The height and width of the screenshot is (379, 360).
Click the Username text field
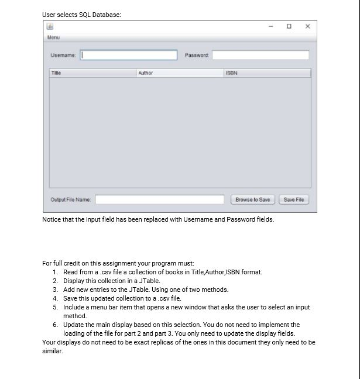click(x=129, y=55)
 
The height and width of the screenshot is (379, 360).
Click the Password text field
click(x=260, y=55)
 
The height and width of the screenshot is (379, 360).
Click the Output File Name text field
click(x=160, y=199)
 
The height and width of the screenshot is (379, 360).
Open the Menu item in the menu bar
click(x=53, y=37)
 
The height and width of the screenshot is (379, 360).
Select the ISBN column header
click(x=266, y=73)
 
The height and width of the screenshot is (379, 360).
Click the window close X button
click(x=308, y=26)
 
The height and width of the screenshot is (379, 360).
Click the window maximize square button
click(x=289, y=26)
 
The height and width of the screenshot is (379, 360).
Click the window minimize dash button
click(x=270, y=26)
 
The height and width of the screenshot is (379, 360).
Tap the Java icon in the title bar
click(x=50, y=26)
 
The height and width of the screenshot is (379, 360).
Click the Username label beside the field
click(x=63, y=55)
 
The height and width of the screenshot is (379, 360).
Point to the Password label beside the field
click(x=197, y=55)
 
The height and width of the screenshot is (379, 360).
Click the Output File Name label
click(x=71, y=199)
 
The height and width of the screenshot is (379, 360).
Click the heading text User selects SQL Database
click(x=81, y=15)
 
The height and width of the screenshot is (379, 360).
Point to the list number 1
click(x=55, y=272)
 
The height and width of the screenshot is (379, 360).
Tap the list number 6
click(x=55, y=325)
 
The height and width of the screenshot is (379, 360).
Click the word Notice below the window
click(x=52, y=219)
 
